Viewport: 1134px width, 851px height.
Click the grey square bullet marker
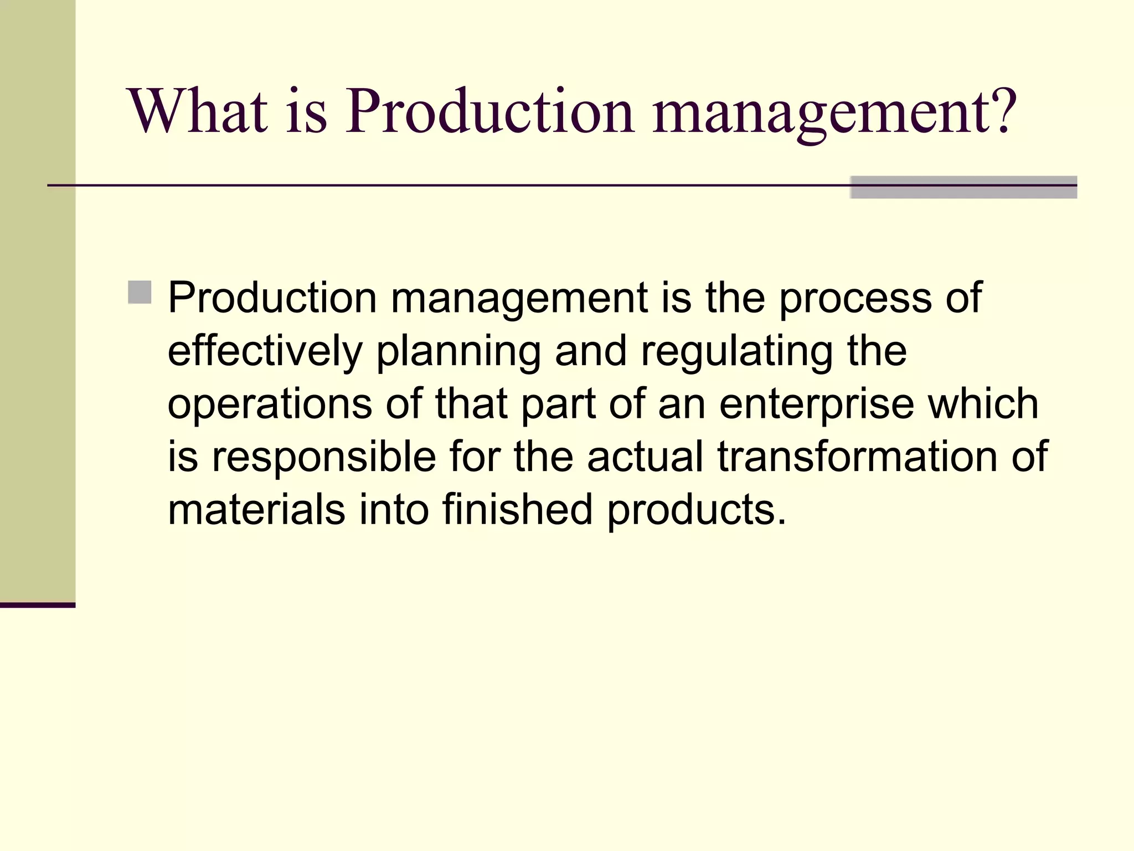pos(140,292)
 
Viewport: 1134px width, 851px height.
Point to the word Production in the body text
pos(272,298)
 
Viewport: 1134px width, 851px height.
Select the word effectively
pos(265,351)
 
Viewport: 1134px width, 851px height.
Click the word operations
pos(270,404)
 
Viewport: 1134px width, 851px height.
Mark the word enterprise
pos(817,404)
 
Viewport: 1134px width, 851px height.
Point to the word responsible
pos(324,457)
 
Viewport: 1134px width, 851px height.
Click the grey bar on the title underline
pos(963,187)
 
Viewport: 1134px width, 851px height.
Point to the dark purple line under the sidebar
pos(38,605)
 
